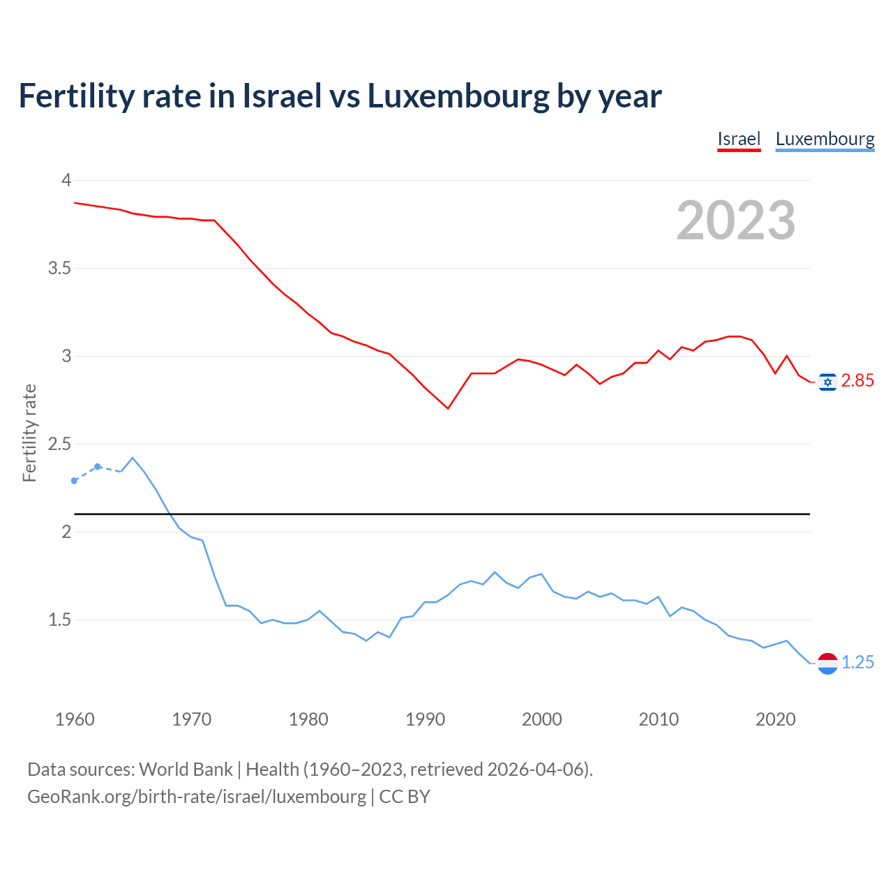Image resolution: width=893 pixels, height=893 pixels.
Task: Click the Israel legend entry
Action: point(739,139)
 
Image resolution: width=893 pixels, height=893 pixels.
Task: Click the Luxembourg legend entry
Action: point(825,139)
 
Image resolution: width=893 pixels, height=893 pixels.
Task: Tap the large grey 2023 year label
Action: point(736,220)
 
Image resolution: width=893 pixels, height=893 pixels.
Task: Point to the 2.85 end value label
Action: point(857,381)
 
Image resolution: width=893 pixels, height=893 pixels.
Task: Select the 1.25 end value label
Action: point(857,663)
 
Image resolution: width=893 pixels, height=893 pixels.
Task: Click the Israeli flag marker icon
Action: point(827,382)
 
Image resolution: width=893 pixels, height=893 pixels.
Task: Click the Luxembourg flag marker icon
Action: point(827,663)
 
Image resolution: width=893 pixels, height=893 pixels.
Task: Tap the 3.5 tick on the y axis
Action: point(59,269)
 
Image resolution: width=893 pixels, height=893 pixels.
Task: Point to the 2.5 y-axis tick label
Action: point(59,444)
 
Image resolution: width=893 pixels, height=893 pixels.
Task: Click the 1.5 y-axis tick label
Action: point(59,620)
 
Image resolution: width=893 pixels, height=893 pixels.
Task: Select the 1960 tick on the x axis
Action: point(75,719)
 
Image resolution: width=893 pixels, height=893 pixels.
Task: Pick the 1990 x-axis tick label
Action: point(425,719)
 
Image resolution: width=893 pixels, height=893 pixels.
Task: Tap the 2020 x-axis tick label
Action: point(775,719)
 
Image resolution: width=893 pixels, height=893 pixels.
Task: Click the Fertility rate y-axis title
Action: point(29,433)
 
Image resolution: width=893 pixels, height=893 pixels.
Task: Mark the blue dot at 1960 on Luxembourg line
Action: point(75,481)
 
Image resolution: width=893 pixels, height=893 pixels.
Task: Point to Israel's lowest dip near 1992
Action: point(448,408)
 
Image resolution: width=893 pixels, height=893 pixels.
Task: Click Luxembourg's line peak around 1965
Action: point(133,458)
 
